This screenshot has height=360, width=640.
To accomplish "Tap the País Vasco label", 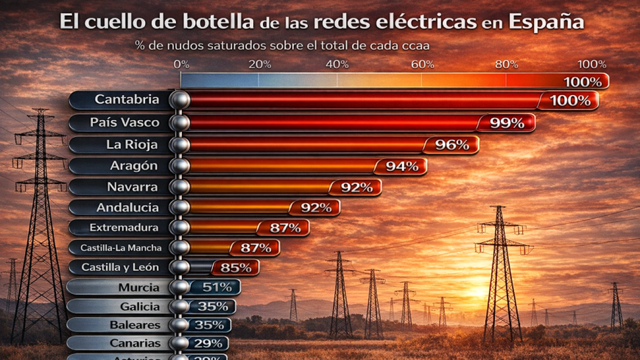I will click(x=124, y=122).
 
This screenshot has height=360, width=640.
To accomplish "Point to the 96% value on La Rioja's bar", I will click(x=452, y=145).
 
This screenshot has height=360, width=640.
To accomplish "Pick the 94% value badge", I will click(x=402, y=166).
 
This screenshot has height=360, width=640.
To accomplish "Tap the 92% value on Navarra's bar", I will click(x=356, y=187).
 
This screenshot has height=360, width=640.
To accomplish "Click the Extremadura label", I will click(x=124, y=228).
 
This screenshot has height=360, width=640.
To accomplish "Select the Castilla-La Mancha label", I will click(x=121, y=247).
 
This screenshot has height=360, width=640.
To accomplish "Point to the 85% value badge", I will click(x=236, y=268).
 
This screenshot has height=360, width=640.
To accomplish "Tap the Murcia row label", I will click(x=139, y=288).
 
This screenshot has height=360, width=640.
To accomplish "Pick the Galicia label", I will click(x=140, y=307).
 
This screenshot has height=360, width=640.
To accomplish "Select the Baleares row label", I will click(x=134, y=325).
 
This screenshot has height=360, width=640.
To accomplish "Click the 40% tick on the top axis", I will click(x=337, y=65).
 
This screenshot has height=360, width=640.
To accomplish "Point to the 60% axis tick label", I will click(x=422, y=65).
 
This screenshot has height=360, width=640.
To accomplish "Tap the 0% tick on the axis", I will click(x=181, y=65).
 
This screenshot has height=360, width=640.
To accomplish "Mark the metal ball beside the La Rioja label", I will click(x=181, y=145).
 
